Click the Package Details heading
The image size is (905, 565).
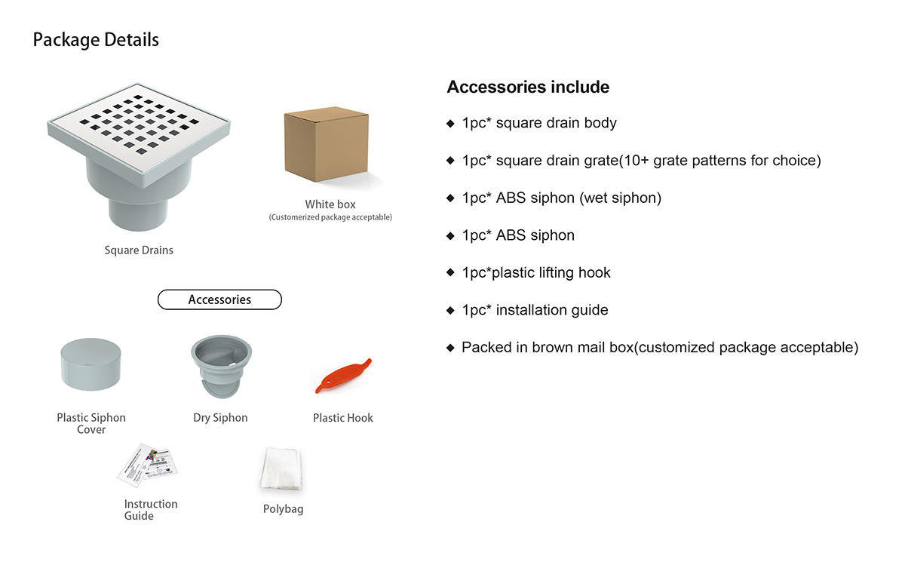click(x=96, y=40)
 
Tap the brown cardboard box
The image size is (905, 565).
click(x=327, y=145)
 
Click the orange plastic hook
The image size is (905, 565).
click(x=343, y=376)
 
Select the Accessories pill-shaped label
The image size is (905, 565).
click(x=219, y=299)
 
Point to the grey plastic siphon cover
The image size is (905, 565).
click(x=91, y=364)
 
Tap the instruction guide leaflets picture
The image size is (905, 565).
click(x=148, y=463)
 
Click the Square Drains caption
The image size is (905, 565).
click(x=139, y=250)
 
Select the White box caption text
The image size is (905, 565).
click(x=330, y=204)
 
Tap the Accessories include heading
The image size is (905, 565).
click(x=528, y=88)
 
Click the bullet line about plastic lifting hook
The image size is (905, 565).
click(x=535, y=272)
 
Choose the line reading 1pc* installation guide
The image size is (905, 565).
click(x=535, y=310)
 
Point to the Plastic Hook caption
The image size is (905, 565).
click(x=343, y=418)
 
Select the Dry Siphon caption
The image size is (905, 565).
click(x=220, y=418)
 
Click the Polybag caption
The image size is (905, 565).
click(x=283, y=509)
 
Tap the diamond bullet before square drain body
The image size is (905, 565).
click(x=450, y=123)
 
